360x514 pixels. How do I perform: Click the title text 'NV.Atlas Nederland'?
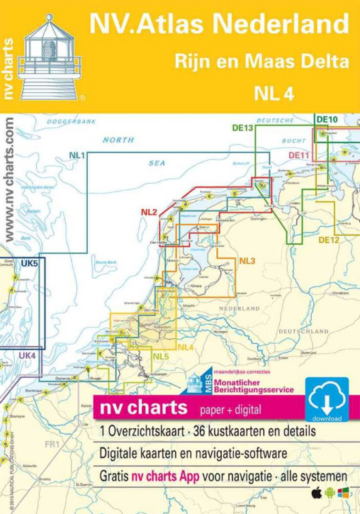[218, 25]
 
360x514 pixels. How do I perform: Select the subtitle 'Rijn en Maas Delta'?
[261, 62]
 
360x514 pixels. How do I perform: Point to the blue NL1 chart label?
[77, 155]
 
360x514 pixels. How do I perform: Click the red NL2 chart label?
[149, 212]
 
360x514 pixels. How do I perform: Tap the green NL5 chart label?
[161, 356]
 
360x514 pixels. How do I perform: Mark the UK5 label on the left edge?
[29, 264]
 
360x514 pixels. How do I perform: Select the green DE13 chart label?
[242, 128]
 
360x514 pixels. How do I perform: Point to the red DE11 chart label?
[298, 155]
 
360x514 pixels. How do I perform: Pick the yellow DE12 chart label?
[328, 240]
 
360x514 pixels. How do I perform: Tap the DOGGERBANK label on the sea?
[71, 122]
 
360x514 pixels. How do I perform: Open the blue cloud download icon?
[327, 399]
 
